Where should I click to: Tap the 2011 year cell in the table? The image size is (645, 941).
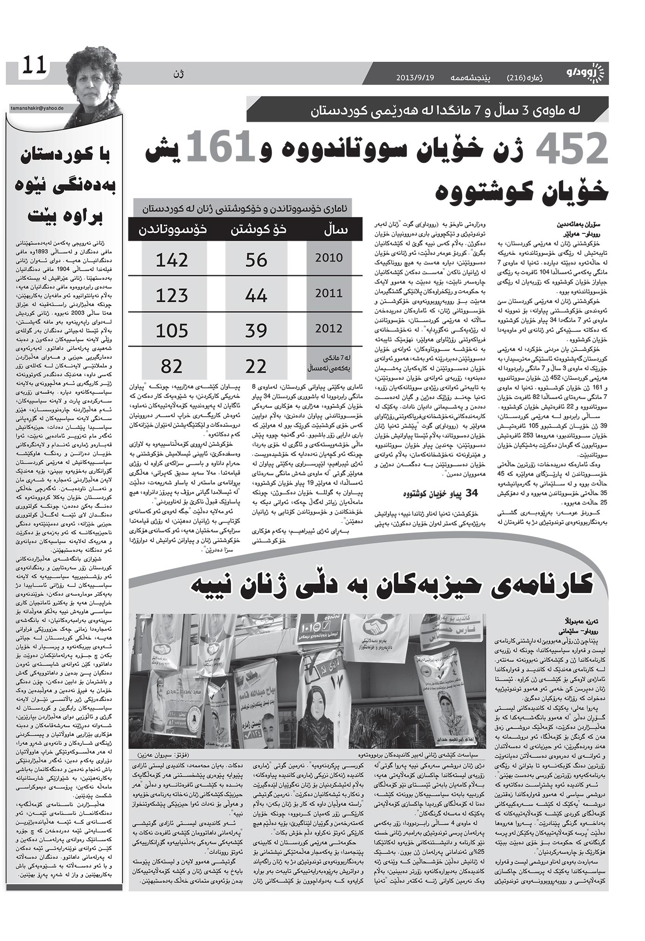click(329, 293)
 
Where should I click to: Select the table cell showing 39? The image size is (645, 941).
click(256, 331)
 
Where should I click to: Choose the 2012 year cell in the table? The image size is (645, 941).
click(329, 328)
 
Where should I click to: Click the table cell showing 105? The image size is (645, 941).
click(172, 331)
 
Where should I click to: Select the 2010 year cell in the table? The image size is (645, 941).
click(329, 258)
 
